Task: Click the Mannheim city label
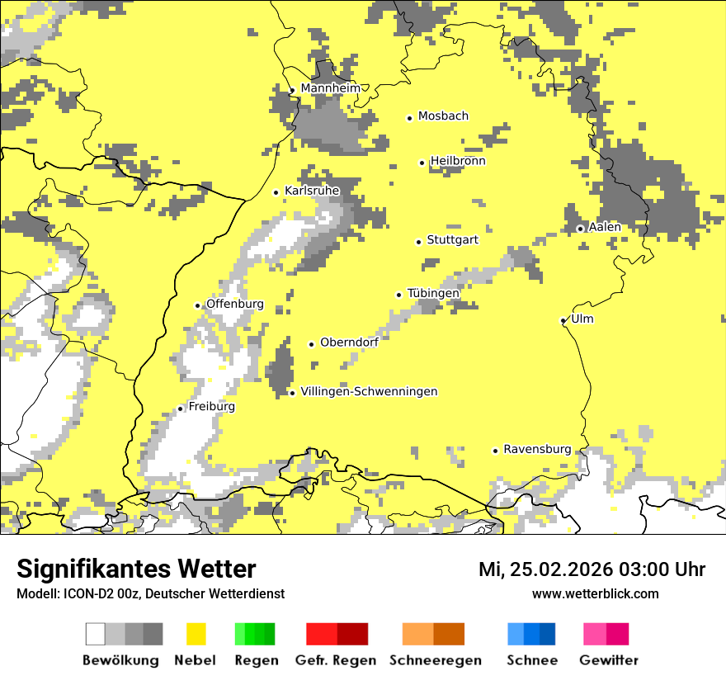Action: click(x=330, y=88)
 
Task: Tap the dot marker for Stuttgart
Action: click(x=418, y=242)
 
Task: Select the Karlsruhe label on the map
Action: click(x=312, y=191)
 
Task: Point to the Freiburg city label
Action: click(x=211, y=407)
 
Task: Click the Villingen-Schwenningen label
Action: click(x=369, y=391)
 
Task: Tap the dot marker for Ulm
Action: click(x=563, y=320)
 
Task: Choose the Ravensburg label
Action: click(x=537, y=449)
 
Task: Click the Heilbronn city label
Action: click(x=458, y=161)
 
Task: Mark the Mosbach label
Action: click(x=443, y=116)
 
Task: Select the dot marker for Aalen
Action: click(x=580, y=229)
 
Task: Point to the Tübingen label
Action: click(x=433, y=293)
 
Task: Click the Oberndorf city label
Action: click(x=349, y=342)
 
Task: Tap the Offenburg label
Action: click(x=234, y=304)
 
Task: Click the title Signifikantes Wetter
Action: click(x=136, y=569)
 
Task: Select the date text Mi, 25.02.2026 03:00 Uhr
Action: click(x=592, y=569)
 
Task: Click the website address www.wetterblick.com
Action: click(x=595, y=593)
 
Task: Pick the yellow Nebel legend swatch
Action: click(x=196, y=634)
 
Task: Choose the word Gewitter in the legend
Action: click(x=608, y=660)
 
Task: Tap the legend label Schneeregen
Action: click(x=435, y=660)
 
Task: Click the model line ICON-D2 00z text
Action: click(x=150, y=593)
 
